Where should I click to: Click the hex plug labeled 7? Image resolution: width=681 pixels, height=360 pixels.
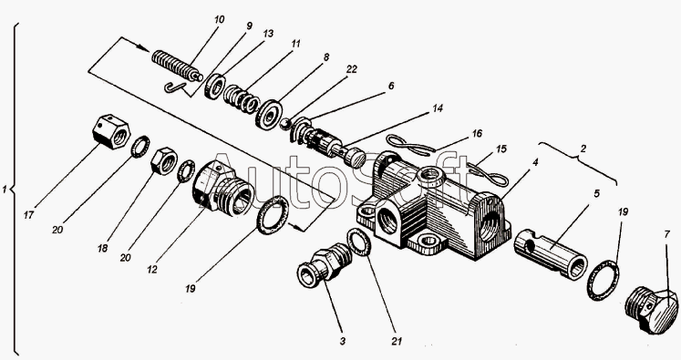[652, 309]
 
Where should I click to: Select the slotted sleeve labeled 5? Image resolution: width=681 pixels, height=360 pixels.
[551, 252]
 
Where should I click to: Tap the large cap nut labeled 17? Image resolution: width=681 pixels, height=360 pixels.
[111, 131]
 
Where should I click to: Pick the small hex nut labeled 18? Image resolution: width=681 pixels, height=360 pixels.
[163, 161]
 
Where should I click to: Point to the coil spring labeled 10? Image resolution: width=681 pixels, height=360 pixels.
[177, 66]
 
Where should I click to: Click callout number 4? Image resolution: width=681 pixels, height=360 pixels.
[535, 163]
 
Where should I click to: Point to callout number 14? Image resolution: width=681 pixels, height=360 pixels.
[438, 108]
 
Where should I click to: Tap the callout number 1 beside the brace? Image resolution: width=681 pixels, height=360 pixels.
[5, 190]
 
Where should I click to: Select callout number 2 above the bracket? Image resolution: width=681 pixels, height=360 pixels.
[583, 149]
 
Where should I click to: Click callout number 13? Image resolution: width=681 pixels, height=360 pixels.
[268, 34]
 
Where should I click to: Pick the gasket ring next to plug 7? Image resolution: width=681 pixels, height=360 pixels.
[604, 280]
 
